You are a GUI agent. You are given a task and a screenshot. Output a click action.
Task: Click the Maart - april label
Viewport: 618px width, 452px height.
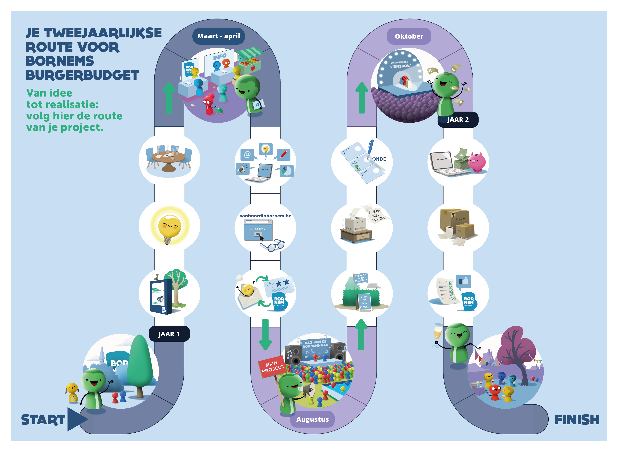[218, 36]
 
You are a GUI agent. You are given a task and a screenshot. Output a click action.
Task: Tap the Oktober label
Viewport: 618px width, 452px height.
[409, 36]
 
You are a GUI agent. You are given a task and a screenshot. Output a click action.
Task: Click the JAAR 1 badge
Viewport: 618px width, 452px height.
[169, 334]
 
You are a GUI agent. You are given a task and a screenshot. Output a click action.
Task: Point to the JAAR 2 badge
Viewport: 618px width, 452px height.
[458, 120]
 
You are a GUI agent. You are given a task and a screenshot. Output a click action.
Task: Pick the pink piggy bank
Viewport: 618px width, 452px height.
[477, 162]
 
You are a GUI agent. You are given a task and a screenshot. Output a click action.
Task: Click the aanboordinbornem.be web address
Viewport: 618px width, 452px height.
[265, 216]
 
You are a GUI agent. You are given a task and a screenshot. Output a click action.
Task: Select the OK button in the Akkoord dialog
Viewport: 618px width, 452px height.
[258, 234]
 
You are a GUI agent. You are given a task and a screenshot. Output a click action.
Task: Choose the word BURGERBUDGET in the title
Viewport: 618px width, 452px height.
[82, 75]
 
